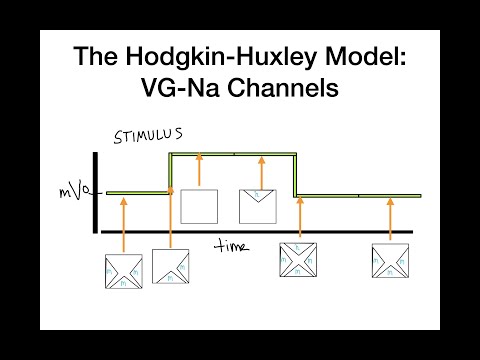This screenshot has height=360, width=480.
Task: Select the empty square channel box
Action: click(199, 205)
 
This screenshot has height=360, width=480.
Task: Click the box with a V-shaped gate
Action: click(257, 206)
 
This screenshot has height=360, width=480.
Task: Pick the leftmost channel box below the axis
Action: click(124, 270)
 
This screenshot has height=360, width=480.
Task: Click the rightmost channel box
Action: click(389, 260)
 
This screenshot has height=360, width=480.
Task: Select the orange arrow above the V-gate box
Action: click(261, 170)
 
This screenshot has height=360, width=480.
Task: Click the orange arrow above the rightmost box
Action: click(389, 218)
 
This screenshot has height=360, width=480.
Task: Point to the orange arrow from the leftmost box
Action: click(124, 225)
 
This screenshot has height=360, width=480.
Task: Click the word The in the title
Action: click(102, 58)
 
